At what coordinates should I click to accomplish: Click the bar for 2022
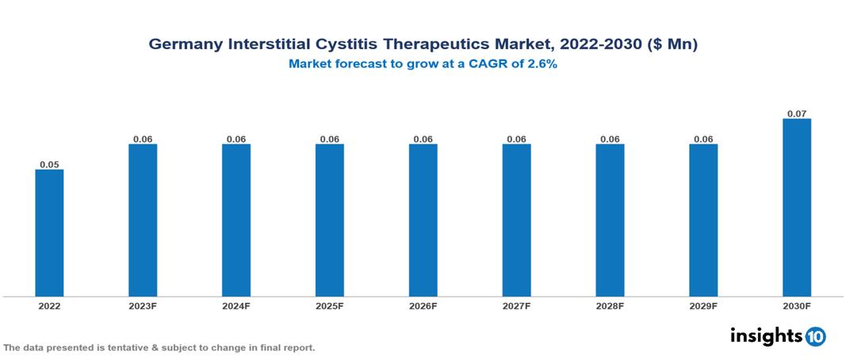49,233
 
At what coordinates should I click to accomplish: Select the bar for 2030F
797,208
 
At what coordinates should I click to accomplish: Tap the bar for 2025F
329,220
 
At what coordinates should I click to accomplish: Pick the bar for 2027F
516,220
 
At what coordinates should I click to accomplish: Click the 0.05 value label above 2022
49,165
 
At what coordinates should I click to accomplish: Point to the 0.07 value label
797,114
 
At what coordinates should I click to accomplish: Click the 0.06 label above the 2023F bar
143,140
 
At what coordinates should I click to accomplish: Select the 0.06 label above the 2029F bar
703,140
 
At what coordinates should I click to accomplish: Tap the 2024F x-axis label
235,306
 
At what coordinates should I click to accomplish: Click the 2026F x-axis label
423,306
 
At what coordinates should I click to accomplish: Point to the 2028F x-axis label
610,306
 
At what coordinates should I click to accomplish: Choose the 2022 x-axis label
49,306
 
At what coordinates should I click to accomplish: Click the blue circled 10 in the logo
815,336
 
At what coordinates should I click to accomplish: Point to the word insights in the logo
766,335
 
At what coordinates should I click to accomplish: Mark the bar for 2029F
703,220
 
